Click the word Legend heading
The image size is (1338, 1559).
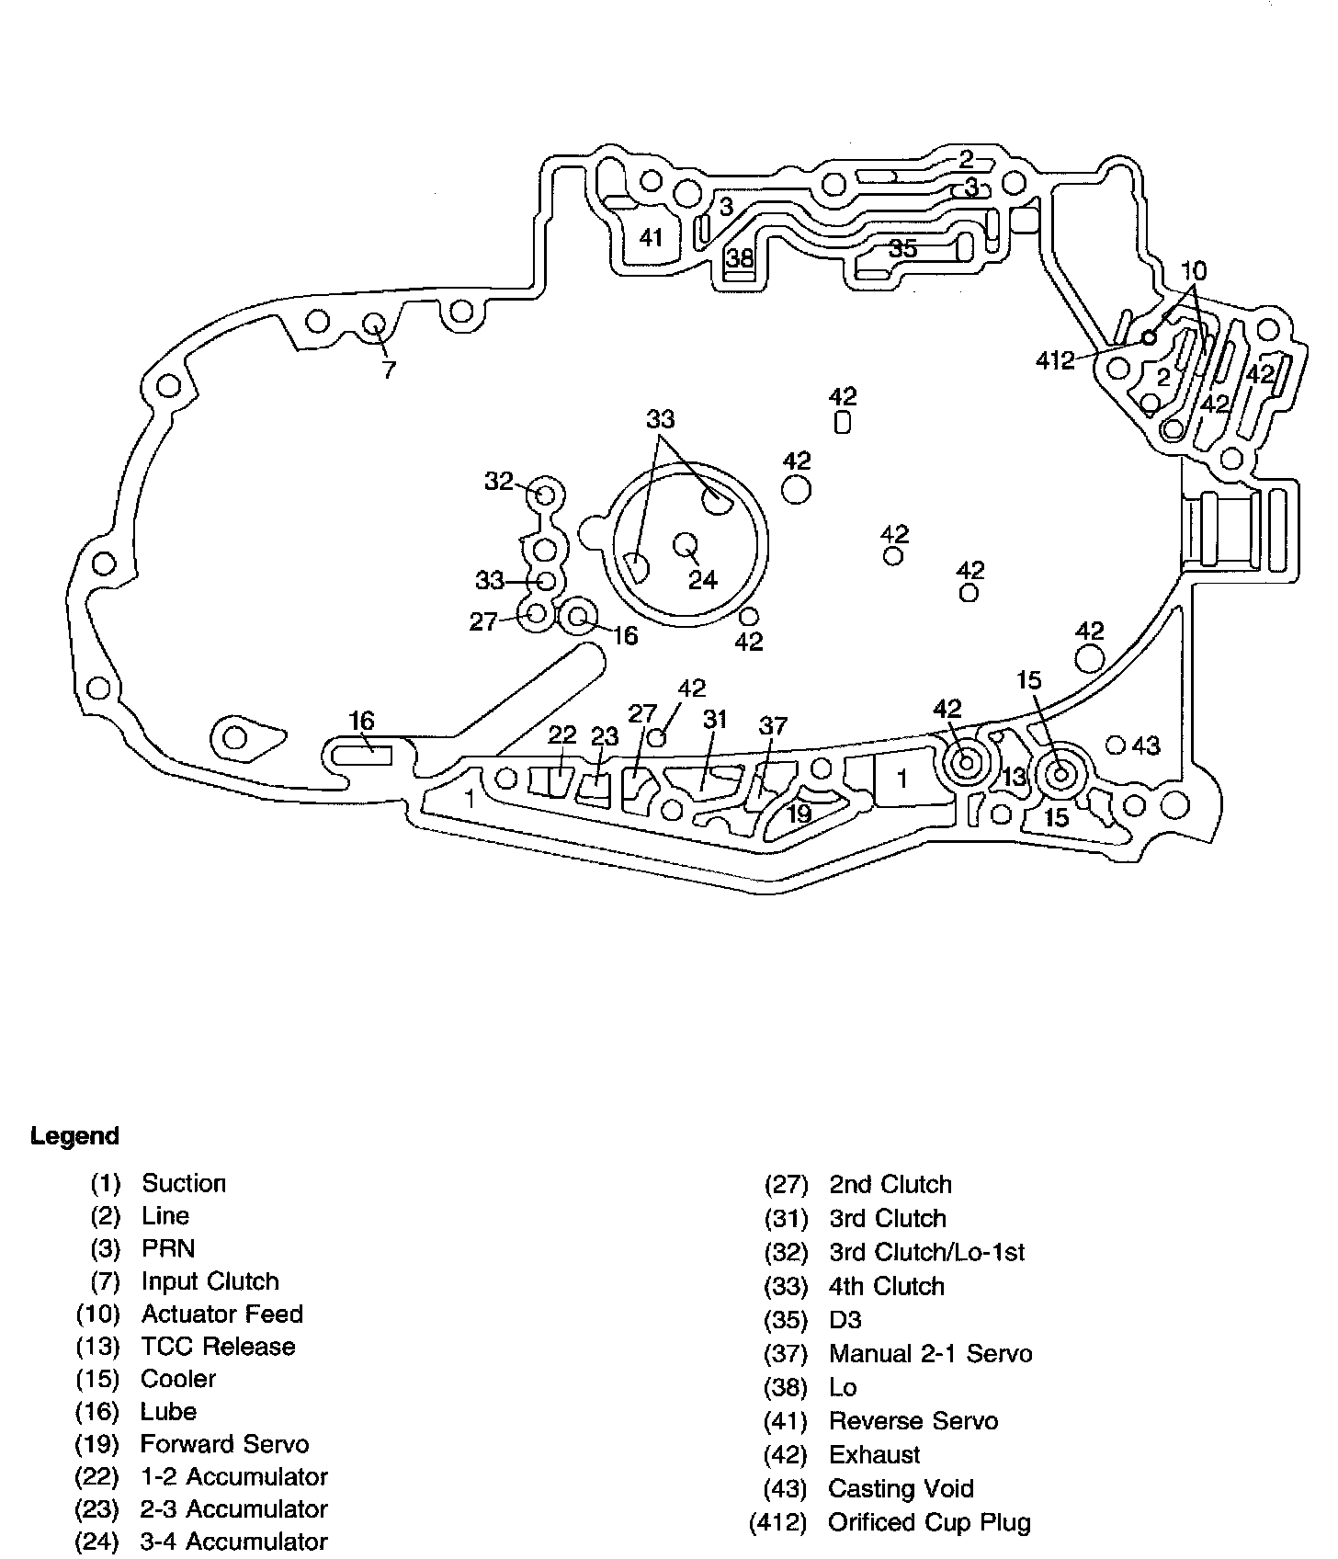[74, 1136]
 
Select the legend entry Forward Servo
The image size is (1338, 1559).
[223, 1444]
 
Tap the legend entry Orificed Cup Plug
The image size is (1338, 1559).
[929, 1522]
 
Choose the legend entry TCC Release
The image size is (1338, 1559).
[218, 1347]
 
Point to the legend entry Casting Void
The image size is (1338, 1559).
[901, 1488]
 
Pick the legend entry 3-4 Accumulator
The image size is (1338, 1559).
[233, 1542]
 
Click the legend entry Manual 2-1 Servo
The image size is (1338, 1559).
[930, 1353]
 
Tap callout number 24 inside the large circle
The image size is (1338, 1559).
[703, 580]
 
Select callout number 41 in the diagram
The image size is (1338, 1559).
[651, 238]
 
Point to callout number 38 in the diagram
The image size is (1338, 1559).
[740, 258]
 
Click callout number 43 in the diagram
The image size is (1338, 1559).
[1146, 745]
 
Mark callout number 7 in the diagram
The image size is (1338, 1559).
[389, 370]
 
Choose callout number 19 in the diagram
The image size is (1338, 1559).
[799, 813]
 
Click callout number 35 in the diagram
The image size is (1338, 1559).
[902, 249]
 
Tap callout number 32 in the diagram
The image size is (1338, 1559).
[499, 481]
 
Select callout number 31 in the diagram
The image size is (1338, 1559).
[715, 720]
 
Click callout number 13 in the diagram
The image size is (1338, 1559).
[1014, 777]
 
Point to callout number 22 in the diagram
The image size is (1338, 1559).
[561, 734]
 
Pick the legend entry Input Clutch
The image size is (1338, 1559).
[210, 1281]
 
